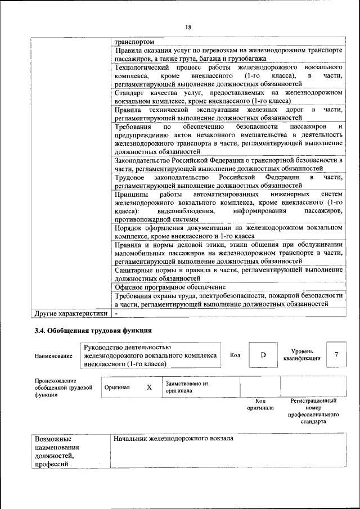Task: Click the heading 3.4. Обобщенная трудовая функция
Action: click(93, 330)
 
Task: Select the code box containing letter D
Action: click(263, 355)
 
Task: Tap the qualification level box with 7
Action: click(336, 355)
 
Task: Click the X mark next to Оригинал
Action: click(149, 388)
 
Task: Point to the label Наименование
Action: click(53, 355)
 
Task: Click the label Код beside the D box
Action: click(235, 355)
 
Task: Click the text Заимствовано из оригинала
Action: click(187, 387)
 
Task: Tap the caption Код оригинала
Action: click(260, 404)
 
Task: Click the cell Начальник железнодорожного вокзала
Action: click(173, 438)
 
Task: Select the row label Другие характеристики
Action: click(71, 314)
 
